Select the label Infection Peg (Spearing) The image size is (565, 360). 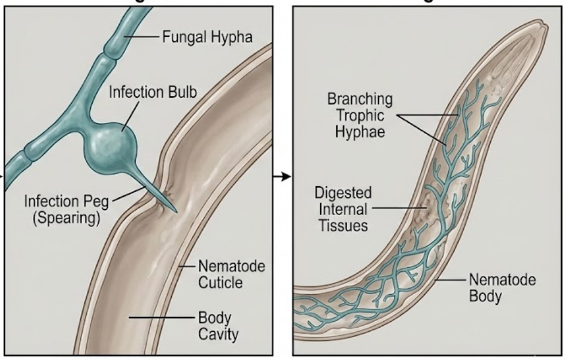pos(66,208)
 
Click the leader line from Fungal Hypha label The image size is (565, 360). pos(142,38)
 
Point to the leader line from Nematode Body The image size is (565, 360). pos(449,279)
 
